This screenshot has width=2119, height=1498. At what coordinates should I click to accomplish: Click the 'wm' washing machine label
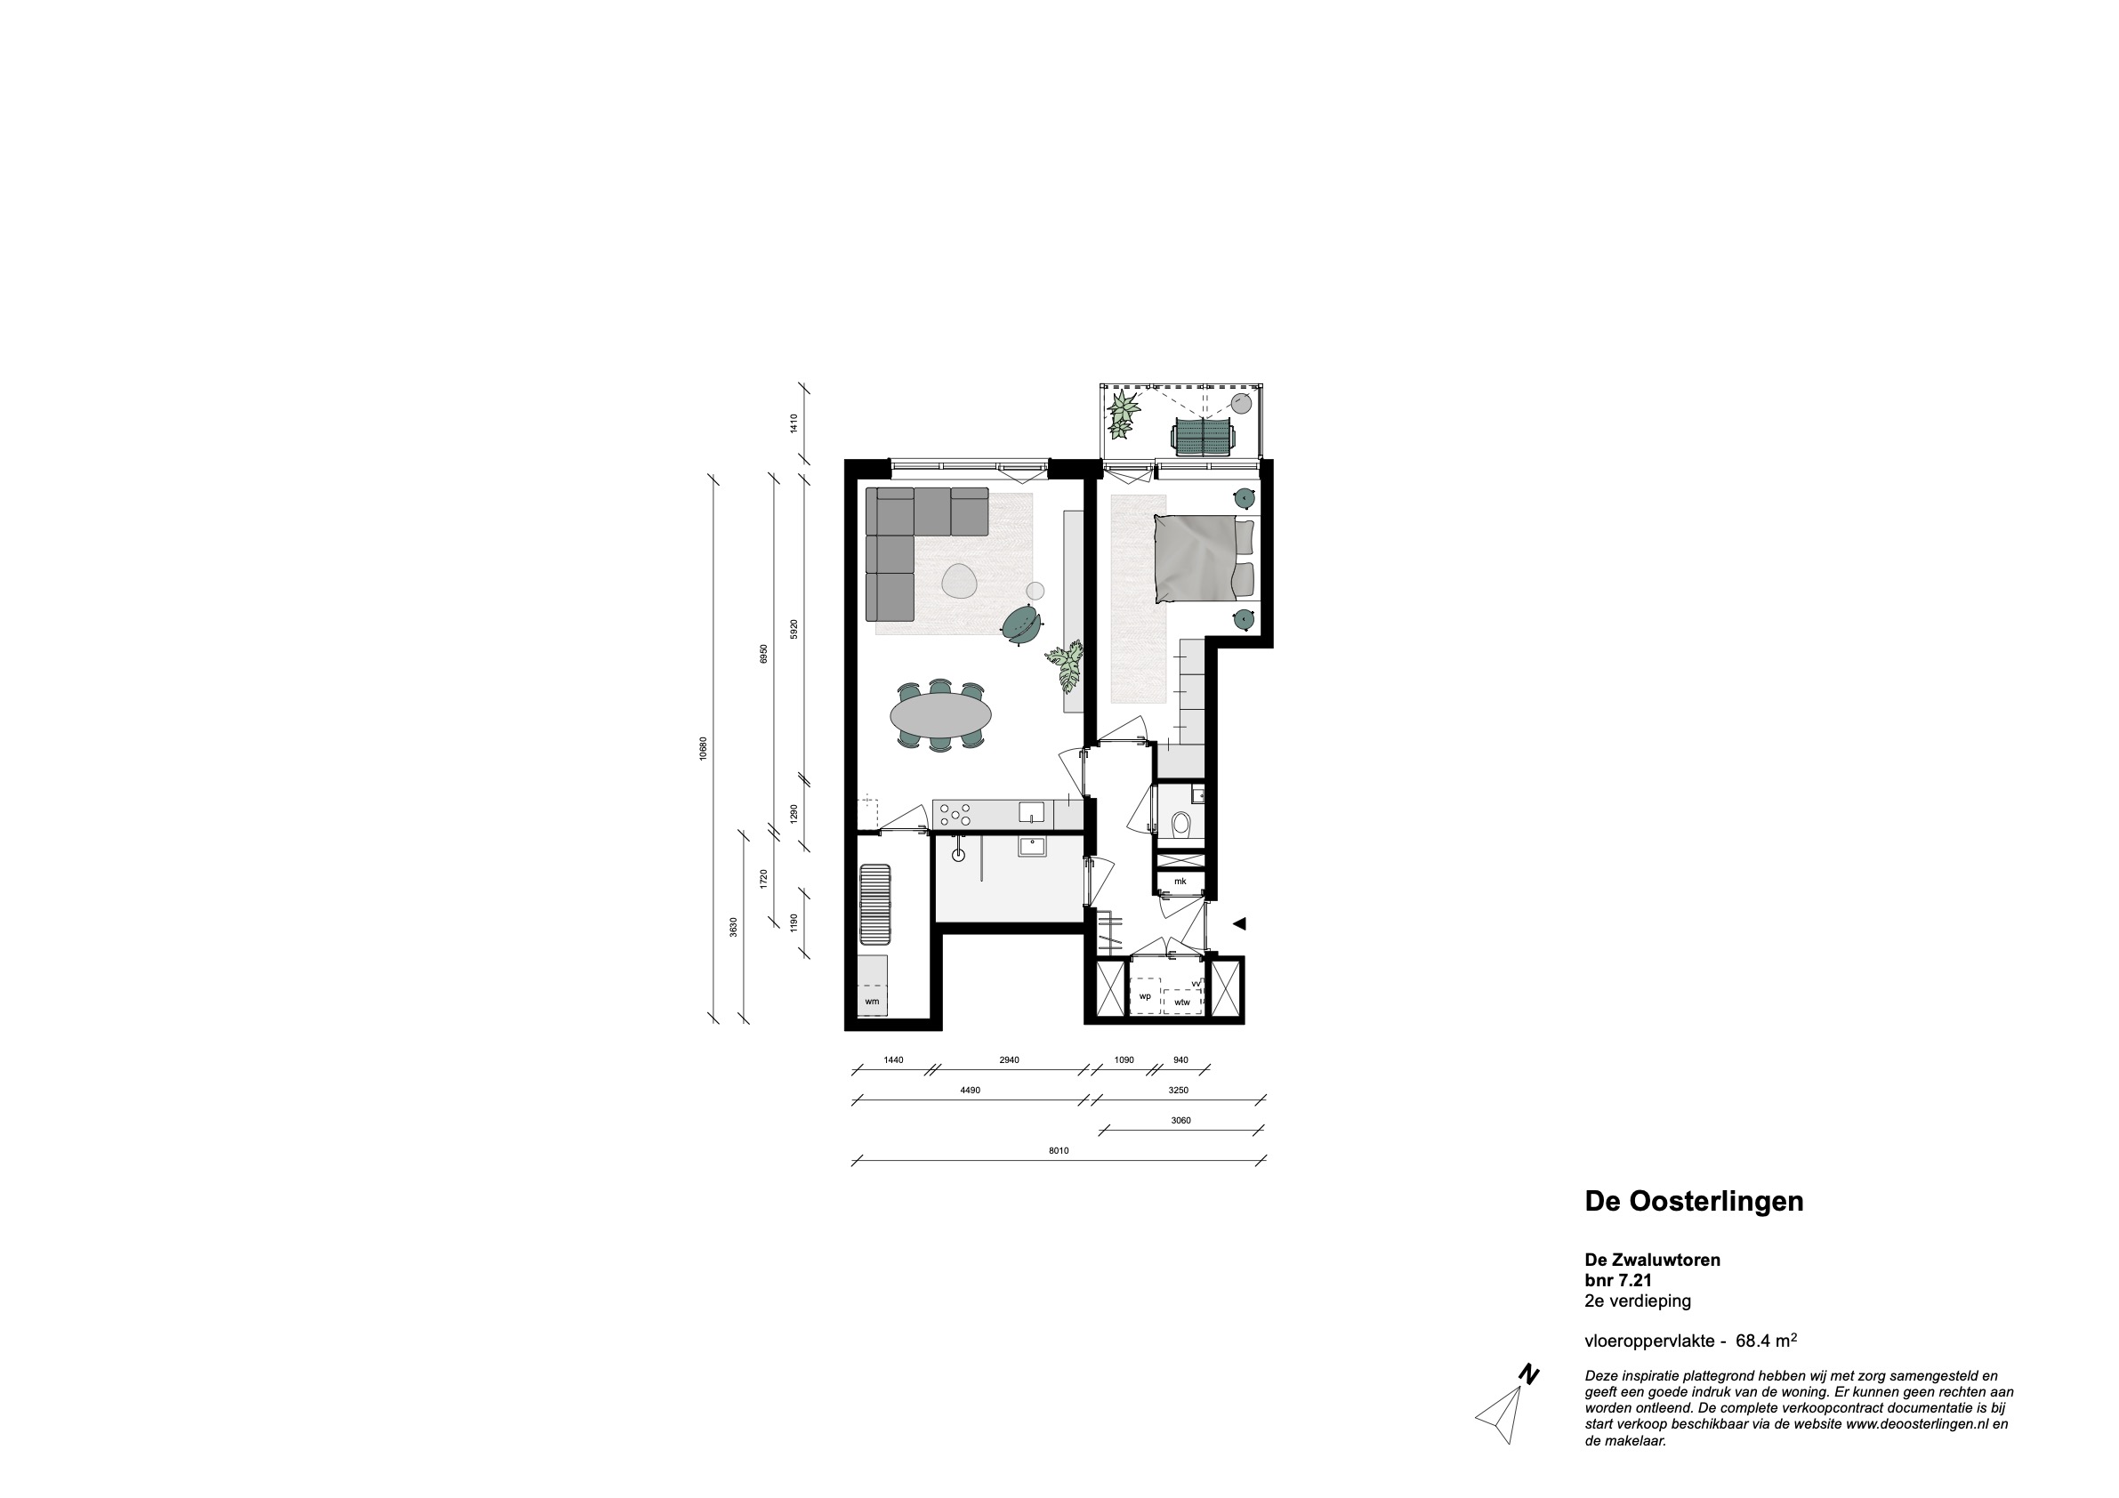(x=871, y=1002)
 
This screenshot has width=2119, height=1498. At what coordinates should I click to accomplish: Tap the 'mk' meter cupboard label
(x=1180, y=882)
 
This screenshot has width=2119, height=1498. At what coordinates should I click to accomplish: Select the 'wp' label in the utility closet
(x=1144, y=997)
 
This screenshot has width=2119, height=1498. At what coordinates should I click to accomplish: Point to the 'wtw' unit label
(x=1181, y=1002)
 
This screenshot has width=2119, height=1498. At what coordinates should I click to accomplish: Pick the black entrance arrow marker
(x=1239, y=923)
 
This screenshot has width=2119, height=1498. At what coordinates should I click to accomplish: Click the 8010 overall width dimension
(x=1059, y=1151)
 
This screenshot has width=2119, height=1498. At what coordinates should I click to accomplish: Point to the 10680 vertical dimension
(x=703, y=747)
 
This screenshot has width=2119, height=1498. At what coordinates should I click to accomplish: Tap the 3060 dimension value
(x=1180, y=1121)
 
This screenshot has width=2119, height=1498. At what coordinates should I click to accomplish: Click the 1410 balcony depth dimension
(x=793, y=423)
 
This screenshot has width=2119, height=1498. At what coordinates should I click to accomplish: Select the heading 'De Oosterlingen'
(x=1694, y=1202)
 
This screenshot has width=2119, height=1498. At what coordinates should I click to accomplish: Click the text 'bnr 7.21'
(x=1618, y=1280)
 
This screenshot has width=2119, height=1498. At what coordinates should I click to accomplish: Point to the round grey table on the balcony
(x=1241, y=403)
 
